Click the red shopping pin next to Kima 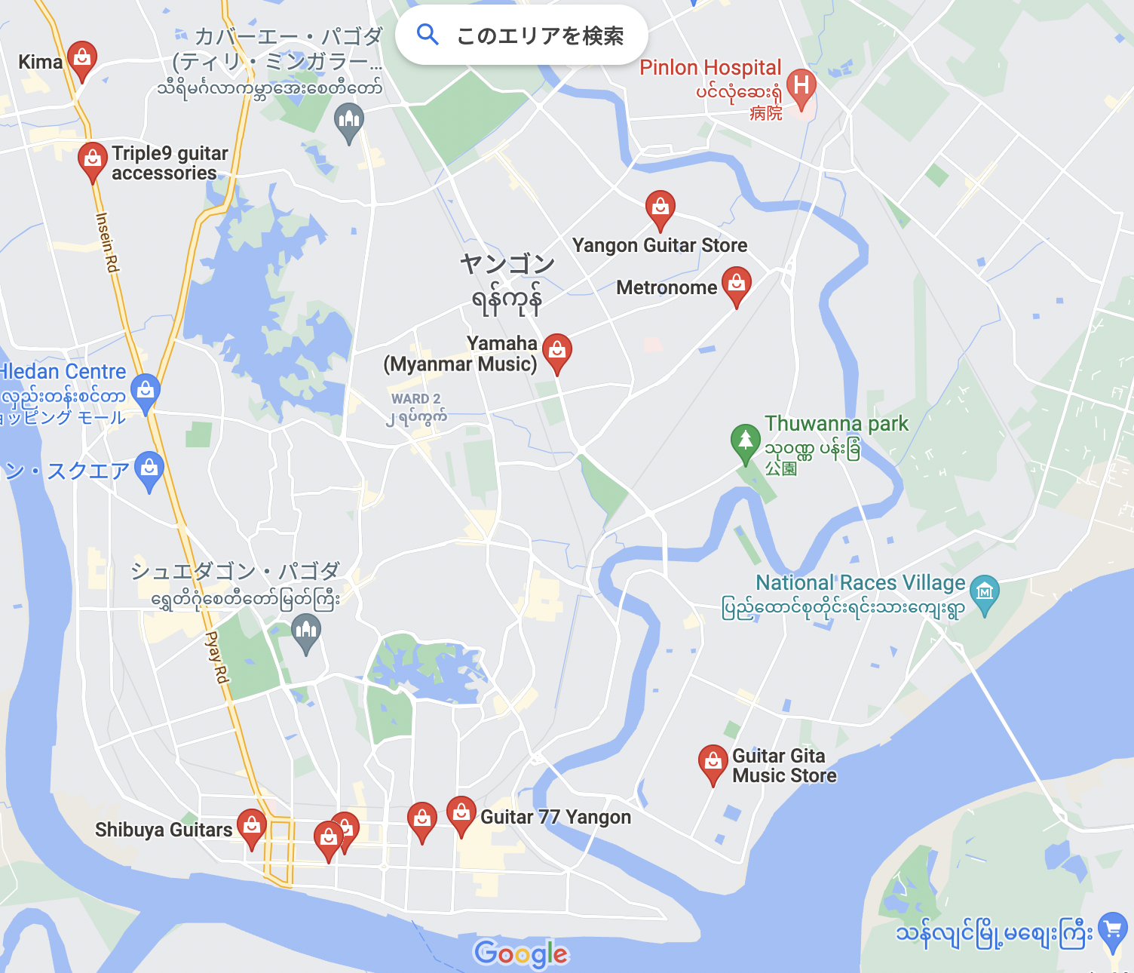click(81, 58)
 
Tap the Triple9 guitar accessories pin click(92, 160)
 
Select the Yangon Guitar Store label click(660, 245)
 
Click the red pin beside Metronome click(737, 284)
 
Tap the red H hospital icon click(801, 87)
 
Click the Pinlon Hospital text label click(710, 68)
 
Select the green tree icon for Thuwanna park click(745, 440)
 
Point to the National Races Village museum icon click(984, 592)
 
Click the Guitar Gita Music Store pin click(713, 763)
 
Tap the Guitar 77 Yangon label click(556, 817)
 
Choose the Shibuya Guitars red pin click(251, 827)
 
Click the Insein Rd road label click(107, 242)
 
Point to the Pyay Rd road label click(217, 657)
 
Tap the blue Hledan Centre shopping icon click(146, 391)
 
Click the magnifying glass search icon click(428, 35)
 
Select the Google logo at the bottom click(521, 954)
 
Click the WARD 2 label click(415, 398)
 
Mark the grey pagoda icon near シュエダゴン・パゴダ click(306, 631)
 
